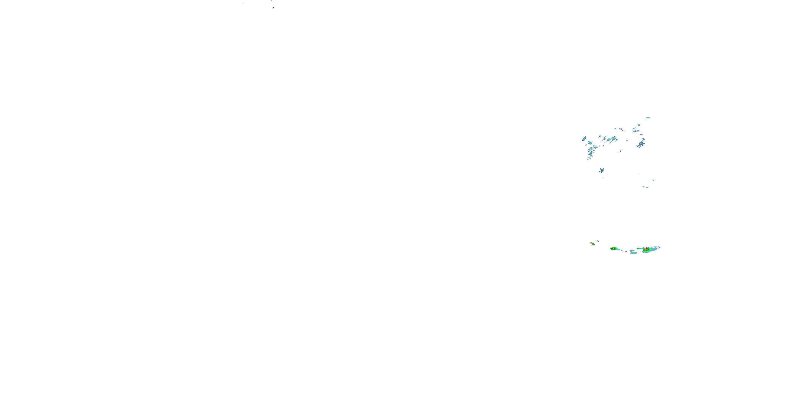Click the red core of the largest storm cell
tap(646, 249)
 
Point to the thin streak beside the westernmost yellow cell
tap(598, 241)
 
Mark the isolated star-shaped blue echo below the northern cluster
tap(601, 170)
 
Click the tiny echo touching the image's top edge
tap(272, 0)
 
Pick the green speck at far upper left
tap(243, 3)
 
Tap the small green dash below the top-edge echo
tap(273, 8)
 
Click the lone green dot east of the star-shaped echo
tap(639, 173)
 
